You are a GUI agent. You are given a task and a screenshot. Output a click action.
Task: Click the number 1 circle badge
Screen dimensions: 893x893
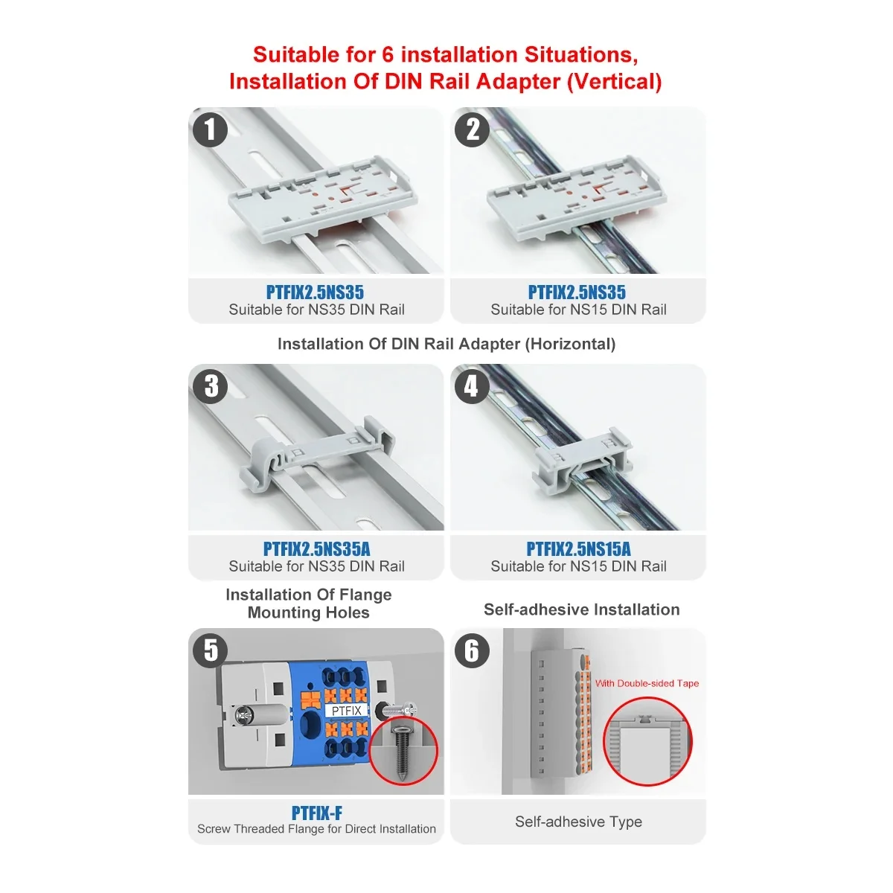(210, 129)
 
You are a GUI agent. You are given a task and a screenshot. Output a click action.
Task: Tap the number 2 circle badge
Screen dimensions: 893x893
(472, 129)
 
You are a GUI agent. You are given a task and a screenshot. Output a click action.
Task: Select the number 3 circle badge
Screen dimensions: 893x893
(211, 386)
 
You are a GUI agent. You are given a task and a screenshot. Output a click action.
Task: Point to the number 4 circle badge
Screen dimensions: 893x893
(472, 386)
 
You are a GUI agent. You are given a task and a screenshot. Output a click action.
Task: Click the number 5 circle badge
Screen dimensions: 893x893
(211, 650)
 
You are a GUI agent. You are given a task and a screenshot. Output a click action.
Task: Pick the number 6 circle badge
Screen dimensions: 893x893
(472, 650)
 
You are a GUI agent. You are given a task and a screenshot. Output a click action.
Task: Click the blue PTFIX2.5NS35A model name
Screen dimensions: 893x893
(316, 549)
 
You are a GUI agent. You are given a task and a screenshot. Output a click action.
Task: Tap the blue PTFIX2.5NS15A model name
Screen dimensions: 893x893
(578, 549)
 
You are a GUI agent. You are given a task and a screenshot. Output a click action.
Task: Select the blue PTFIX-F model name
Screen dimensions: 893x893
(316, 813)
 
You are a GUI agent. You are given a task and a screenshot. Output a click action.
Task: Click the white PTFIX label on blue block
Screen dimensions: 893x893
(346, 711)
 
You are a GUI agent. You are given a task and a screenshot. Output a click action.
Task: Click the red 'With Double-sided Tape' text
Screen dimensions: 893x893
(647, 683)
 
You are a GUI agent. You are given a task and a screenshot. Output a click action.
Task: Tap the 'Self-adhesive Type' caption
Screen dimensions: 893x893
(578, 822)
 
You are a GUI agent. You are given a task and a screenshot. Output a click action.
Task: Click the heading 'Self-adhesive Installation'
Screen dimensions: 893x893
(581, 609)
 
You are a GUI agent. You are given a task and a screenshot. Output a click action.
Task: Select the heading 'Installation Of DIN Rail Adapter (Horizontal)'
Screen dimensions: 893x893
(446, 344)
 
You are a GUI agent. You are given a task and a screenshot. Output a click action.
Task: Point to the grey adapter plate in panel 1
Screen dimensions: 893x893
(321, 201)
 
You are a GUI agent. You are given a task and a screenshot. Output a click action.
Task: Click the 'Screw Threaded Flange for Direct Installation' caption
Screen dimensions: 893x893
(316, 829)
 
